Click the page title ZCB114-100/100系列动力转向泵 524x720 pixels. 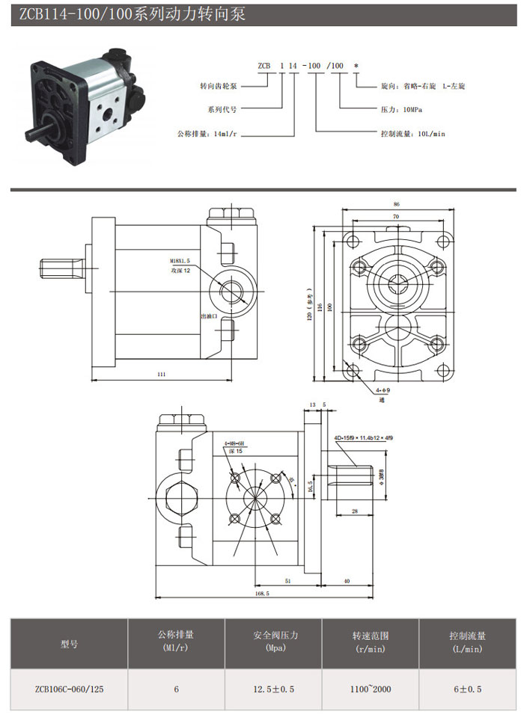click(x=131, y=14)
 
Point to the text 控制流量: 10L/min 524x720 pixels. click(x=412, y=133)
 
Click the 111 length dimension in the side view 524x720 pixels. click(x=162, y=375)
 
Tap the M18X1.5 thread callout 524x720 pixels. click(x=180, y=261)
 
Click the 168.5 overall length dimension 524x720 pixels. click(x=262, y=593)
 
